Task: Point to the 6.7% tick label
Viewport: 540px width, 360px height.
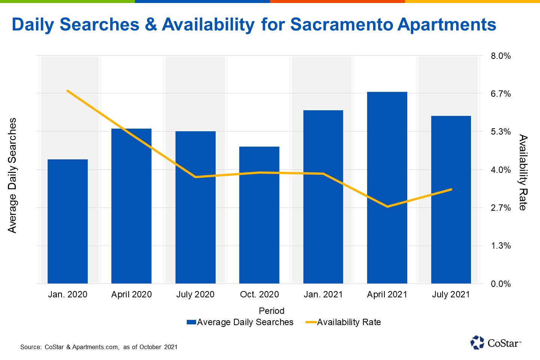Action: pyautogui.click(x=501, y=94)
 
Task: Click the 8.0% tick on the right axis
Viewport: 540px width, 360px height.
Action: pyautogui.click(x=501, y=56)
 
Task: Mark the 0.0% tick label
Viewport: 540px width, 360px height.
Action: pyautogui.click(x=501, y=284)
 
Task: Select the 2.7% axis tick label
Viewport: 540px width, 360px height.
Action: pyautogui.click(x=501, y=208)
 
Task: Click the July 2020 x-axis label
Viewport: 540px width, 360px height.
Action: pyautogui.click(x=195, y=294)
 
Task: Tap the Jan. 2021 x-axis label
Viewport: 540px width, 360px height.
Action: pyautogui.click(x=323, y=294)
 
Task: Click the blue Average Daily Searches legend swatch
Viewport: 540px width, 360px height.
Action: pyautogui.click(x=191, y=322)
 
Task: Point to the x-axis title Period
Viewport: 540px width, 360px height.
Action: pyautogui.click(x=271, y=311)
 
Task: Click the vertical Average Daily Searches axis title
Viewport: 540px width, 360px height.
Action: pyautogui.click(x=12, y=175)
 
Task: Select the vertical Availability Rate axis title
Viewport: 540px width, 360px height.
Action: pyautogui.click(x=523, y=172)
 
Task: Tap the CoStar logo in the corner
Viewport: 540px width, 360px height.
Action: pyautogui.click(x=495, y=342)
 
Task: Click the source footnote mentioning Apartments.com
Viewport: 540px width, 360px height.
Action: pyautogui.click(x=99, y=347)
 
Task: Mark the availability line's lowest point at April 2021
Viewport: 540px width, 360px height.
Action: pyautogui.click(x=387, y=207)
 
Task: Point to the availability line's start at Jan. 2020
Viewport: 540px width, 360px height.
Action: pyautogui.click(x=67, y=91)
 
